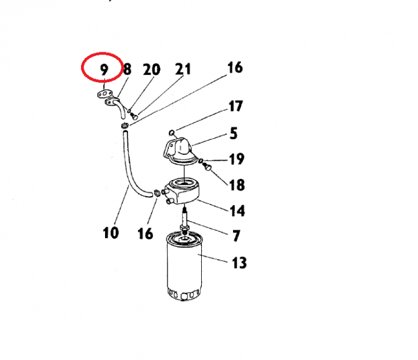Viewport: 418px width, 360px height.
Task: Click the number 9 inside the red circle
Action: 104,70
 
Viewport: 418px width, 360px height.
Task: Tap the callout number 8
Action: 127,69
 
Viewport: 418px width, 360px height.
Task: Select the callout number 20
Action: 152,70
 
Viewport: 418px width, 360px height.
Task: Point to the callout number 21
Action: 183,69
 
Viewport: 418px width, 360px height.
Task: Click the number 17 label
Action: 235,106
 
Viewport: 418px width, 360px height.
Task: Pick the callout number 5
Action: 233,133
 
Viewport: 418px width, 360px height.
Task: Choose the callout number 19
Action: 237,159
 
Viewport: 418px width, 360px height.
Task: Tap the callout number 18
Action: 237,185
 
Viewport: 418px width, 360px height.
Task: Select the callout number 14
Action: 237,211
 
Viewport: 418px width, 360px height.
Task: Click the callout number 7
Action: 236,236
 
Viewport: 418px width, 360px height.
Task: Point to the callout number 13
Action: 239,263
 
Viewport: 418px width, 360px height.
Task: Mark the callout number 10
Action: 111,233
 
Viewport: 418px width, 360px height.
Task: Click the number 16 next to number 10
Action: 145,233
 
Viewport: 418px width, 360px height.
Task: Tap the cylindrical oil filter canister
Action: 184,266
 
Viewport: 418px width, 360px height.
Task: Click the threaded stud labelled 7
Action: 184,220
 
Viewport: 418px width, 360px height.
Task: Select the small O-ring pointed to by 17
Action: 172,133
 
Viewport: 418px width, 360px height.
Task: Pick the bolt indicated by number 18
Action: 207,167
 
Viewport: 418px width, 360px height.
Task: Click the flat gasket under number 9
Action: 104,94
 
